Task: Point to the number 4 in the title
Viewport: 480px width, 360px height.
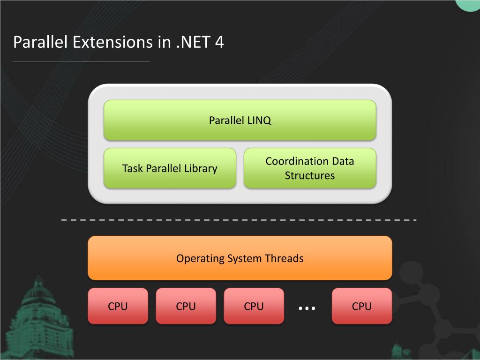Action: (x=219, y=42)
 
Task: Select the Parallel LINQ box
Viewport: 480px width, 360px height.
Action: (x=240, y=120)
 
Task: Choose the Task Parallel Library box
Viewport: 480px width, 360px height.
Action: (x=170, y=168)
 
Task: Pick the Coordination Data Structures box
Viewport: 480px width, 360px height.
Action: (x=310, y=168)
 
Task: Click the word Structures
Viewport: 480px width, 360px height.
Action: (x=310, y=176)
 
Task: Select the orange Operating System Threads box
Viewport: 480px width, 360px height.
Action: (x=240, y=258)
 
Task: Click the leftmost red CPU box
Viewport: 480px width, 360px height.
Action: (x=118, y=307)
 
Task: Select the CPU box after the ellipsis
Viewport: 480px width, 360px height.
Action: (x=361, y=307)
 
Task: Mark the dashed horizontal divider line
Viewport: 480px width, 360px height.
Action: (x=239, y=220)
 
